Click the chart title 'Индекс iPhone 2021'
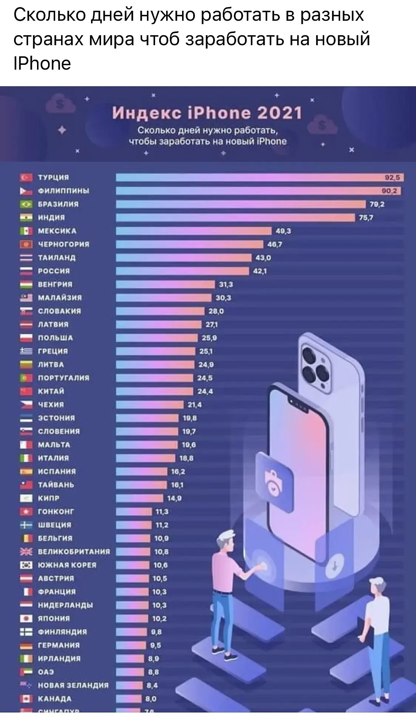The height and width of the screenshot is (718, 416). (x=207, y=113)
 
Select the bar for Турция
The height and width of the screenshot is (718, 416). (x=259, y=177)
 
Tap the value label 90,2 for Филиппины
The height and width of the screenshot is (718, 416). (x=389, y=191)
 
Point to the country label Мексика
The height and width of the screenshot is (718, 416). (x=57, y=231)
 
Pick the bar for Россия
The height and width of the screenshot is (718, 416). (x=182, y=271)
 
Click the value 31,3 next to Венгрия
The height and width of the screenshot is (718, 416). (x=226, y=285)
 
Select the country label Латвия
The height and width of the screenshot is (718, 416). (x=53, y=325)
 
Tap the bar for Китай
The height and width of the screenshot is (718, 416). (x=154, y=392)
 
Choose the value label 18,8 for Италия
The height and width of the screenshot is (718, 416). (x=186, y=458)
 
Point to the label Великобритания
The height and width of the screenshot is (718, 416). (x=74, y=552)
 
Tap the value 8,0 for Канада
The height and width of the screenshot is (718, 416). (x=151, y=699)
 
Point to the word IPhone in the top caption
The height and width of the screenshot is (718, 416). (x=42, y=63)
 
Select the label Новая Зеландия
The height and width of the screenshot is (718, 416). (x=73, y=685)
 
